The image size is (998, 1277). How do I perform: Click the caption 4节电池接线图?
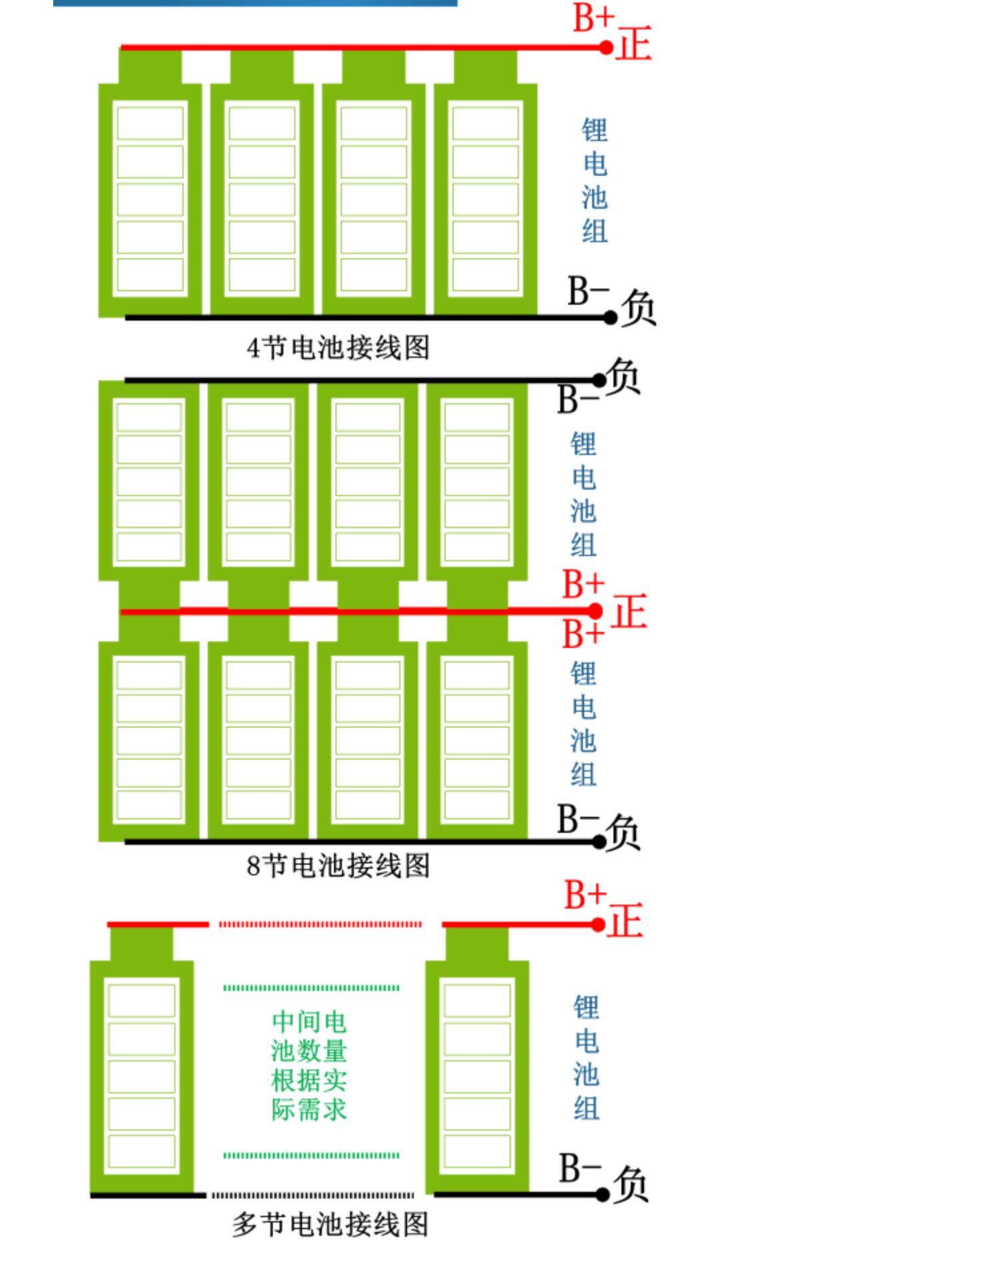(x=338, y=348)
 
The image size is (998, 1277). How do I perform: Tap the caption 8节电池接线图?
(x=338, y=866)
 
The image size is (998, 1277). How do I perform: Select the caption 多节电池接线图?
(x=330, y=1224)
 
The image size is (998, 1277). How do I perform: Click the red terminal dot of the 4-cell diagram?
(x=606, y=48)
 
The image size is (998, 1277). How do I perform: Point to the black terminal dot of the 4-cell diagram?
(x=611, y=318)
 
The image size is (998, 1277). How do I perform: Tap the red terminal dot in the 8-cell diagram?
(x=595, y=611)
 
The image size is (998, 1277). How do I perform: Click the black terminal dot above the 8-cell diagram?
(x=599, y=380)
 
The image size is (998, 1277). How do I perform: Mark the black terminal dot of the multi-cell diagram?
(x=603, y=1195)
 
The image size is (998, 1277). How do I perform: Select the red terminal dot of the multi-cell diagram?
(x=598, y=924)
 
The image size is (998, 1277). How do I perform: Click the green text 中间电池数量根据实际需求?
(x=309, y=1065)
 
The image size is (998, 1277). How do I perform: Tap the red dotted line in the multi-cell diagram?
(x=320, y=924)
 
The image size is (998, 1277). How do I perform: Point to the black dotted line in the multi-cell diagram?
(x=313, y=1195)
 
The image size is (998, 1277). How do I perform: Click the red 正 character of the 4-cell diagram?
(x=633, y=44)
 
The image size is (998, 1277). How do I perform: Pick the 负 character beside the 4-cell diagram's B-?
(x=639, y=307)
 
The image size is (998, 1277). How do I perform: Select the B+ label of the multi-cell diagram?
(x=585, y=895)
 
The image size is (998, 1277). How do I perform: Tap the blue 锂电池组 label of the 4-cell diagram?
(x=595, y=181)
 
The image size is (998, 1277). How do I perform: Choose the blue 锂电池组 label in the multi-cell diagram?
(x=586, y=1058)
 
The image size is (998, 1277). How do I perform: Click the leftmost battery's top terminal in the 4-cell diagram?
(x=150, y=67)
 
